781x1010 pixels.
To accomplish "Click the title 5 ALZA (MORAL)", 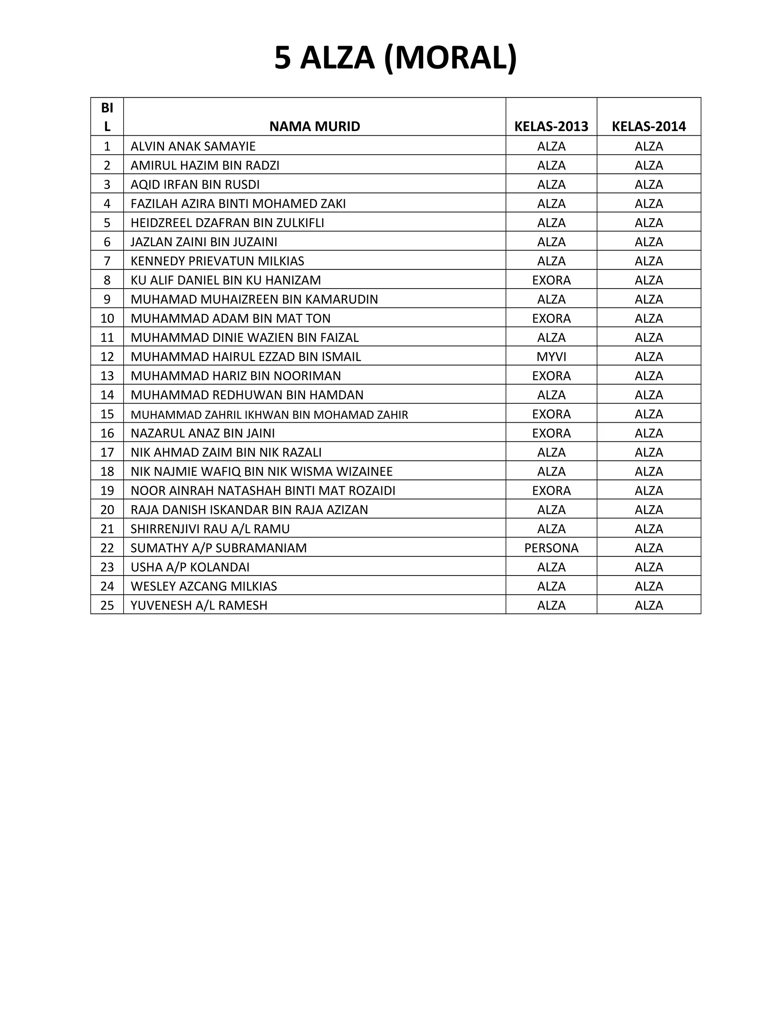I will coord(395,58).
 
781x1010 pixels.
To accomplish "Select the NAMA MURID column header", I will coord(315,126).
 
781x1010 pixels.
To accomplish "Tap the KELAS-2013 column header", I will coord(551,126).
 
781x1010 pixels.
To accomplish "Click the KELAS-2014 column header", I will coord(649,126).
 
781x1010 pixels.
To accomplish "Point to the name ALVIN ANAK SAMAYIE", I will coord(193,146).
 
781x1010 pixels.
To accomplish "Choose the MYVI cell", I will coord(551,357).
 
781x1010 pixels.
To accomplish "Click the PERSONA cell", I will coord(551,548).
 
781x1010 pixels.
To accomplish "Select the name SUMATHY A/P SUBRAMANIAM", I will coord(219,548).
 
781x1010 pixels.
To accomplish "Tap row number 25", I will coord(107,605).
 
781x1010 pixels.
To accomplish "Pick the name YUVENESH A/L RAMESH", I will coord(199,605).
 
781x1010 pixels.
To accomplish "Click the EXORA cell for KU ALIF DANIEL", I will coord(551,280).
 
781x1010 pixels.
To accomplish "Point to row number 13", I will coord(107,376).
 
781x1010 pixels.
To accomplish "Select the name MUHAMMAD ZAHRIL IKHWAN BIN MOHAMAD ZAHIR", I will coord(269,415).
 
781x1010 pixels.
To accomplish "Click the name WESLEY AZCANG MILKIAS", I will coord(204,587).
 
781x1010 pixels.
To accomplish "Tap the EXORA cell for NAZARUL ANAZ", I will coord(551,433).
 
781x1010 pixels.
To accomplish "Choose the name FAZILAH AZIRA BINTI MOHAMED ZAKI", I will coord(238,204).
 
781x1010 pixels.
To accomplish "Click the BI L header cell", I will coord(107,117).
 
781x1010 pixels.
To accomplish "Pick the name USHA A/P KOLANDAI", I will coord(190,567).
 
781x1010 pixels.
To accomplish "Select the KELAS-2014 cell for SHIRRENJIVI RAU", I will coord(649,529).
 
